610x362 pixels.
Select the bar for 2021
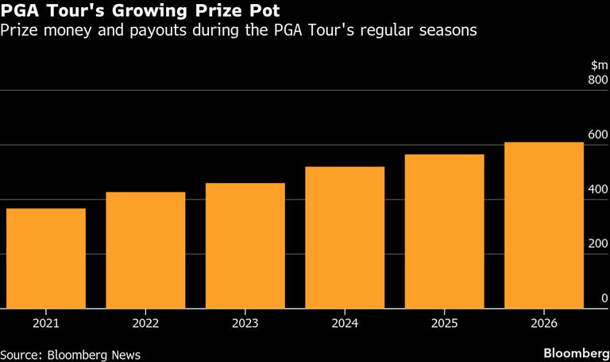(x=46, y=259)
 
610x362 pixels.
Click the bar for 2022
(x=145, y=251)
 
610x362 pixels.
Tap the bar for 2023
(x=245, y=246)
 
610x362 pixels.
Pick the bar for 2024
(x=345, y=238)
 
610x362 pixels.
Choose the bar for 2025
(x=445, y=232)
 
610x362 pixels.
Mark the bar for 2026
(x=544, y=225)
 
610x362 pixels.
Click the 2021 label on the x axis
(x=46, y=323)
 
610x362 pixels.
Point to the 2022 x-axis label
(x=145, y=323)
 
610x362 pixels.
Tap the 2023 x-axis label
(x=245, y=323)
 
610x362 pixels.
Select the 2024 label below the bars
(x=345, y=323)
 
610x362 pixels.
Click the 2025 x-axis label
(x=445, y=323)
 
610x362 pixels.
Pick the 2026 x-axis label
(x=544, y=323)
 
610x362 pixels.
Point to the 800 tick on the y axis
(x=596, y=80)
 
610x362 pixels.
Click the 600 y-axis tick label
(x=596, y=135)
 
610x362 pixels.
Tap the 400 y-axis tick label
(x=596, y=189)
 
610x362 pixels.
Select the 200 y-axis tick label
(x=596, y=243)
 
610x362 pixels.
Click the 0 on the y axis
(x=604, y=298)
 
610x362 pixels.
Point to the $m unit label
(x=599, y=64)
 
